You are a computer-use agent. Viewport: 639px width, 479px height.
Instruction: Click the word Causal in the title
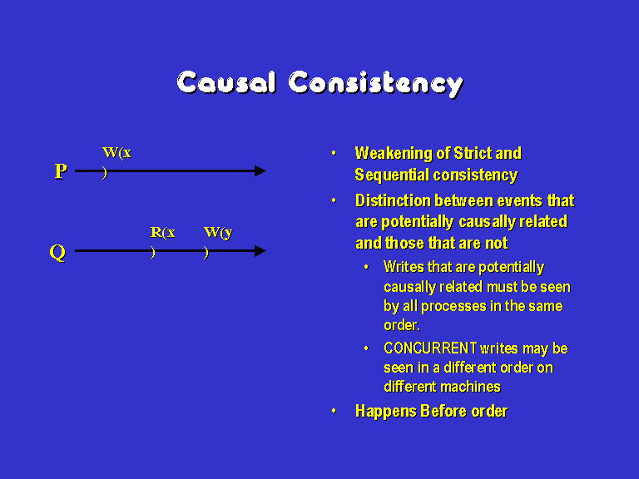click(x=226, y=83)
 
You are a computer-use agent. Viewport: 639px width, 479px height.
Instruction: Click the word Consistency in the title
click(x=376, y=84)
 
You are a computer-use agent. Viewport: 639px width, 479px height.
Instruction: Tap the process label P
click(x=61, y=171)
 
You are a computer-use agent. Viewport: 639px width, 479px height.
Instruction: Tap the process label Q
click(x=57, y=253)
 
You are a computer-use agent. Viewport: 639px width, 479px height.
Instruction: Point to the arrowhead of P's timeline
click(x=260, y=171)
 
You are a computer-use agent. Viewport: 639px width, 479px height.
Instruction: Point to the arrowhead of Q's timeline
click(x=260, y=251)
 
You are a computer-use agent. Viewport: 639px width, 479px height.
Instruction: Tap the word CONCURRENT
click(x=430, y=348)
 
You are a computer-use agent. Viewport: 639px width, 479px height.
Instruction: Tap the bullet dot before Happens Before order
click(x=334, y=411)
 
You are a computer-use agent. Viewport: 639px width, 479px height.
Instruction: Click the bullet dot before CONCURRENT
click(x=366, y=348)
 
